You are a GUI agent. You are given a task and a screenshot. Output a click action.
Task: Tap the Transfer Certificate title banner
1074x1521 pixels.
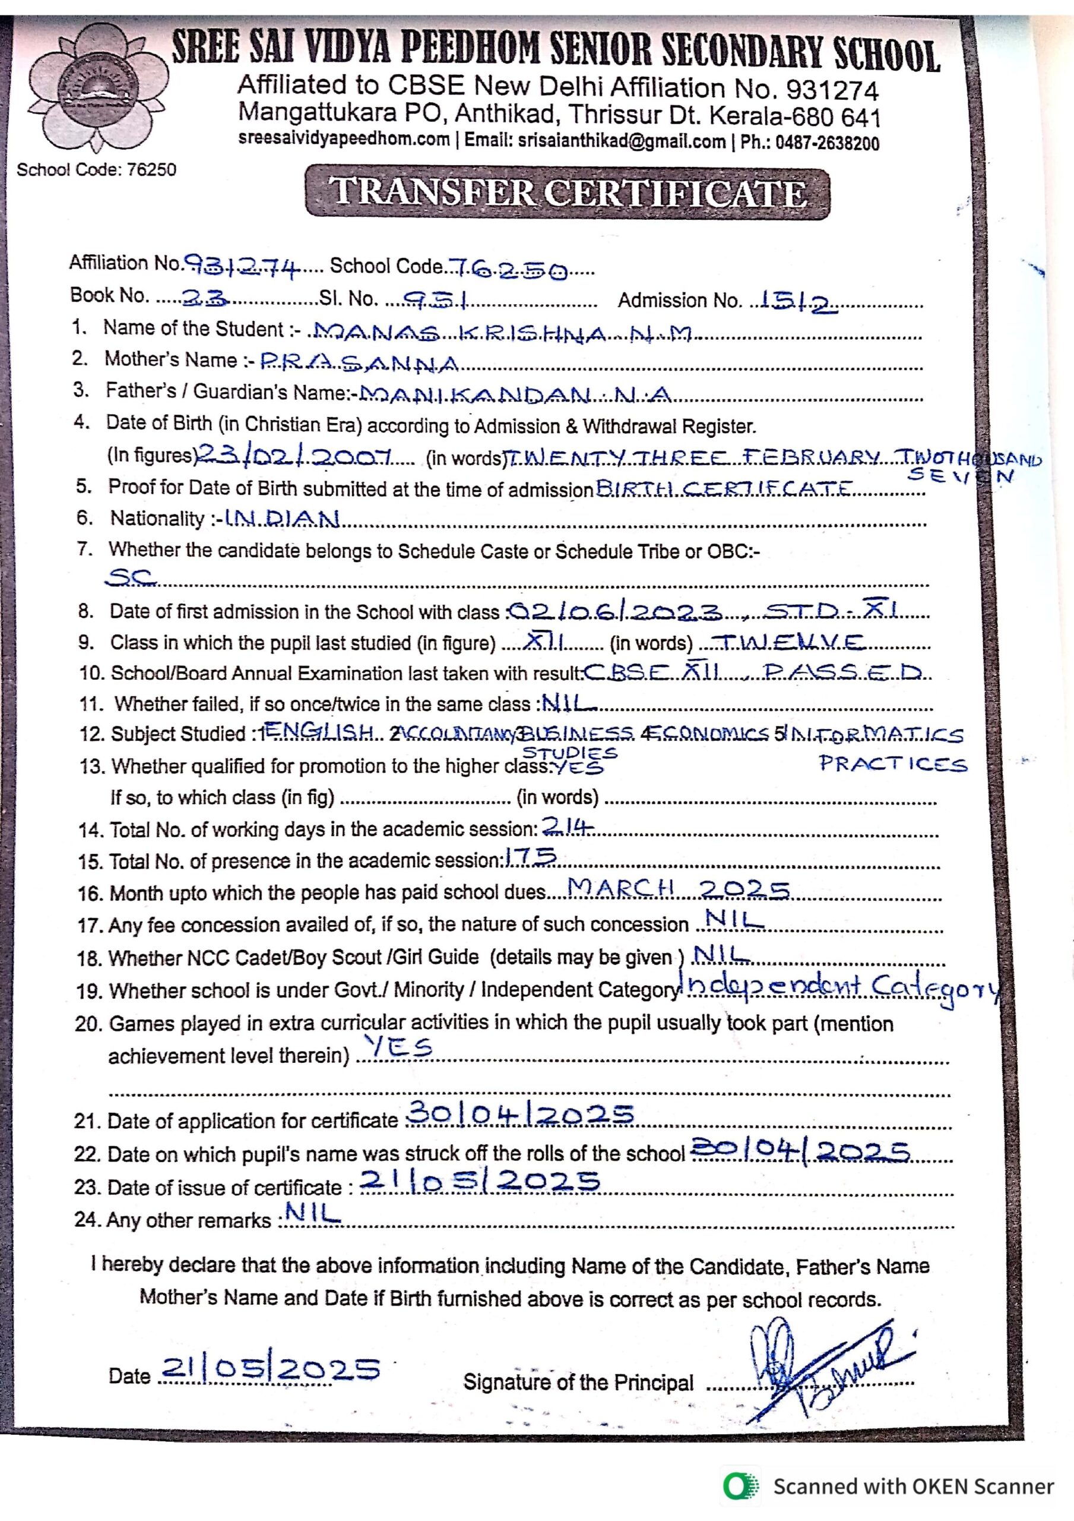coord(568,194)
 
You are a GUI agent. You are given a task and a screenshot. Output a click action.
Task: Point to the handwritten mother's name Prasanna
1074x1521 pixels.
coord(360,363)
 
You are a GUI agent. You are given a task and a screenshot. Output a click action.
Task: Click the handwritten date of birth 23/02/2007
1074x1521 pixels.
coord(295,455)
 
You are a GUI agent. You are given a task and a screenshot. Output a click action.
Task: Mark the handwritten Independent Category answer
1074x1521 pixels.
coord(841,989)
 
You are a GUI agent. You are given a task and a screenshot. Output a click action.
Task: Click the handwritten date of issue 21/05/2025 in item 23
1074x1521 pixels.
coord(480,1181)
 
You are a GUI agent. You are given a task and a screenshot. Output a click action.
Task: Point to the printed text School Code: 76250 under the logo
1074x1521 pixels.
coord(97,169)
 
